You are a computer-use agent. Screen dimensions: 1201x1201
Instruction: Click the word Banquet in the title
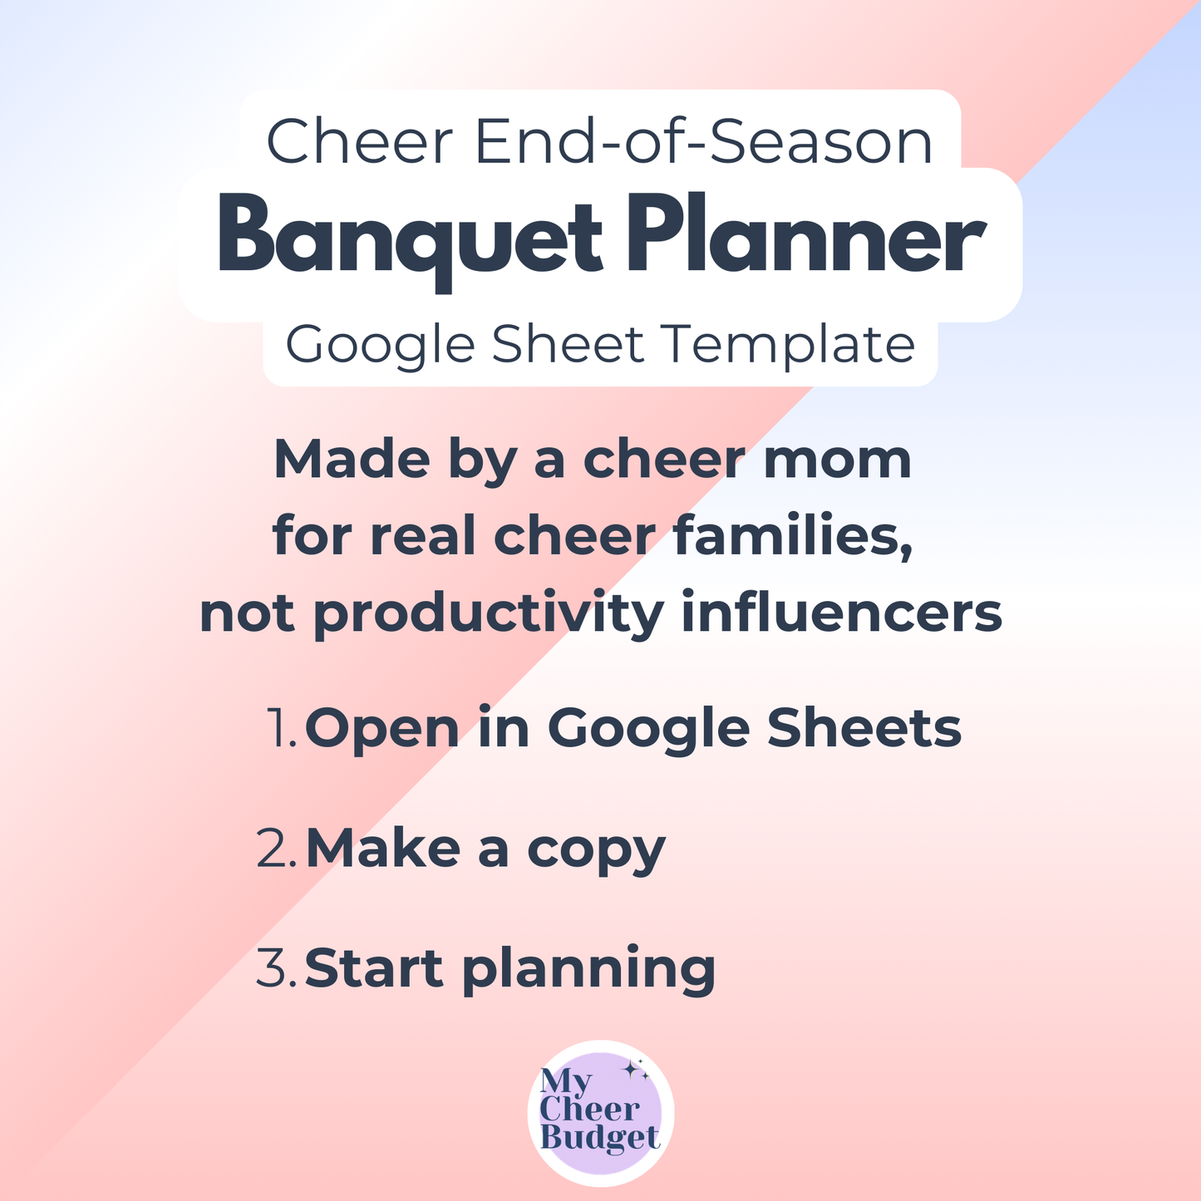pos(409,235)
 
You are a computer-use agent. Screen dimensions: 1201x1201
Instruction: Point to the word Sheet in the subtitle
pos(567,344)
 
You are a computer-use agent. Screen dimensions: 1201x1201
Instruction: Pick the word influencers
pos(841,613)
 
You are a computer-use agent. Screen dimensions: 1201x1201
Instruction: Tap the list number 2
pos(276,849)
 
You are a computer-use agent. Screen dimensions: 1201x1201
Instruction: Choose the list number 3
pos(276,968)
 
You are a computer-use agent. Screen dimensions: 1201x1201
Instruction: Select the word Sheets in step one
pos(864,728)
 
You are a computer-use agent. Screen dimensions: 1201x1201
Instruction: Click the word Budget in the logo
pos(599,1138)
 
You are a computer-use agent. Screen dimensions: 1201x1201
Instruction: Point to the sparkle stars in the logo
pos(637,1071)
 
